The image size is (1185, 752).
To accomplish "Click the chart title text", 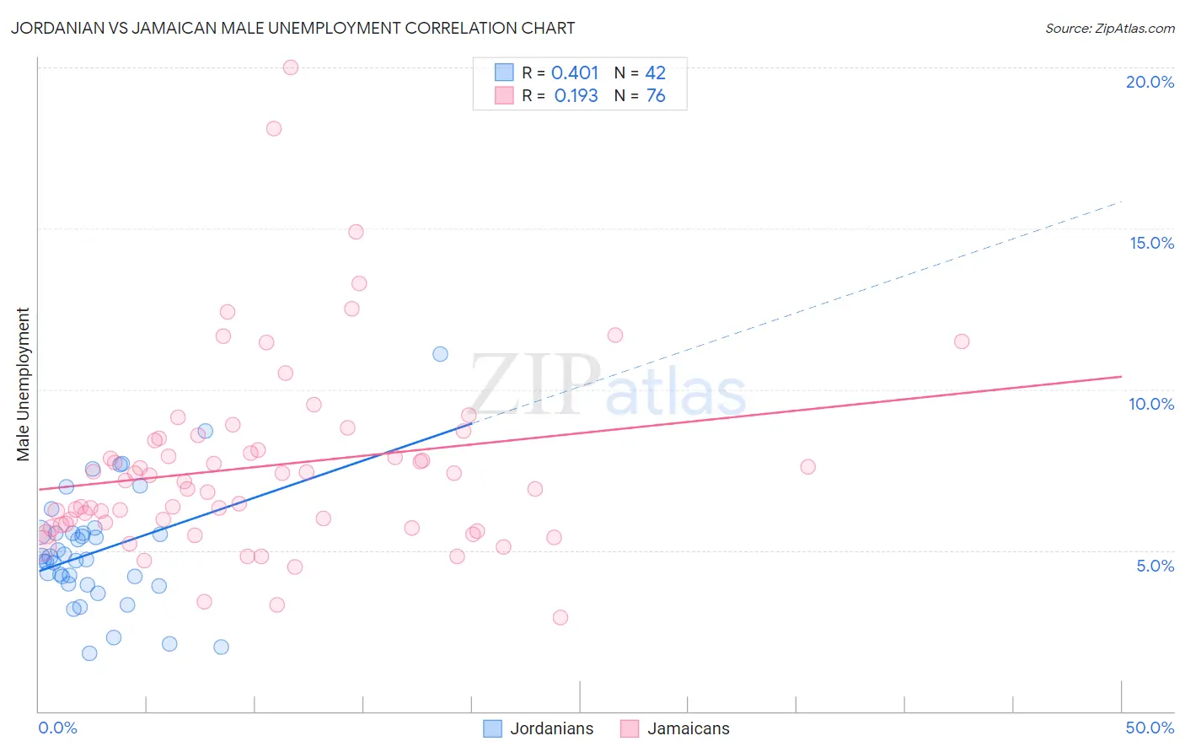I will (292, 28).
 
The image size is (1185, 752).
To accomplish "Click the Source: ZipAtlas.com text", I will (1109, 28).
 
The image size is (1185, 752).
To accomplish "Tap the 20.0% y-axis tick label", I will (1150, 82).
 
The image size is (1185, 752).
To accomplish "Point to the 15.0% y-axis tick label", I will (1151, 243).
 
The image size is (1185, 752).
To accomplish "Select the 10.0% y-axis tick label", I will (1151, 404).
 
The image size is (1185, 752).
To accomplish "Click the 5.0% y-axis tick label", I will (1155, 566).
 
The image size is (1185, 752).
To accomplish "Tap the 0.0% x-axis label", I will (57, 728).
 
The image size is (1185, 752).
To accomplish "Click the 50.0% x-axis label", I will (1150, 728).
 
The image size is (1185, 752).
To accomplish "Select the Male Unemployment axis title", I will (23, 384).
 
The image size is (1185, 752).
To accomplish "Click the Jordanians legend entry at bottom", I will (539, 728).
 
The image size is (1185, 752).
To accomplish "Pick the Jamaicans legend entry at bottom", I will (675, 728).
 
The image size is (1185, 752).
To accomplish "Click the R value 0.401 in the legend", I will (575, 73).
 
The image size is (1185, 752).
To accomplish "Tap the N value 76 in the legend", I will (656, 96).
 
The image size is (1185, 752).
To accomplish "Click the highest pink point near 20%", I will (291, 67).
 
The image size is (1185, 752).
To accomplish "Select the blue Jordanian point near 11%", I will (440, 354).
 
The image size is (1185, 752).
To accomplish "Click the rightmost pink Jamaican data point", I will (962, 341).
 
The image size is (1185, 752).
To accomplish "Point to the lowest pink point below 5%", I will (560, 617).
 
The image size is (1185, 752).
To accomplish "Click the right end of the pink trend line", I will (1121, 376).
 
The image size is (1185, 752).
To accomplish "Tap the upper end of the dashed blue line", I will (1121, 201).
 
